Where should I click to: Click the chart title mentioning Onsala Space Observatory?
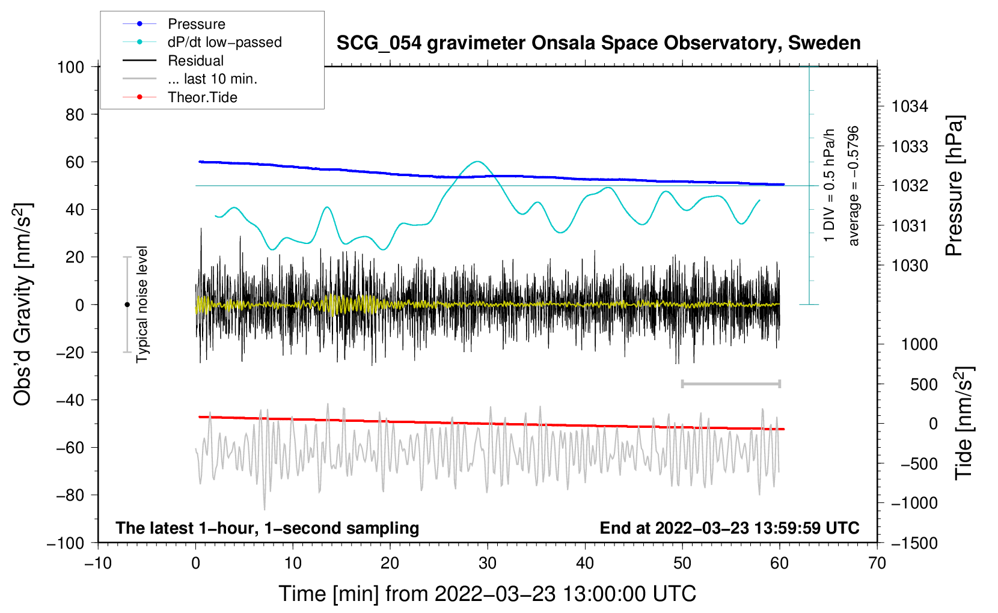click(x=598, y=43)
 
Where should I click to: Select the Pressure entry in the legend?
click(x=197, y=23)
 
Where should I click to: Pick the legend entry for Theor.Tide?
click(x=202, y=97)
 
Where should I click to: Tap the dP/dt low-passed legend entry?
click(x=225, y=42)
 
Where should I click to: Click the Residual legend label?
click(x=195, y=61)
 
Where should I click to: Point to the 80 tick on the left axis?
click(x=75, y=115)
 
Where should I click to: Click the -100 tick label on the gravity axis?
click(x=66, y=543)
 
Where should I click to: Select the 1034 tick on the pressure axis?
click(x=910, y=106)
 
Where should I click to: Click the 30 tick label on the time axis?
click(x=488, y=564)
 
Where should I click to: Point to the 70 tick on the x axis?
click(x=877, y=564)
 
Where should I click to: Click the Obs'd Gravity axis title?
click(x=22, y=305)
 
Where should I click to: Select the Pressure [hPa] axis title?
click(x=954, y=186)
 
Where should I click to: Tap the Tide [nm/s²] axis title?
click(x=964, y=423)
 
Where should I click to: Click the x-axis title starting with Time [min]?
click(x=488, y=594)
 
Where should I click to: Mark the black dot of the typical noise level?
click(x=127, y=305)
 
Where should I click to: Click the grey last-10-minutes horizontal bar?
click(x=730, y=383)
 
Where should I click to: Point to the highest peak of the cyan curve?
click(x=477, y=161)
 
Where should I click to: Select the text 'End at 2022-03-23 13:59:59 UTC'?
click(x=729, y=528)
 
